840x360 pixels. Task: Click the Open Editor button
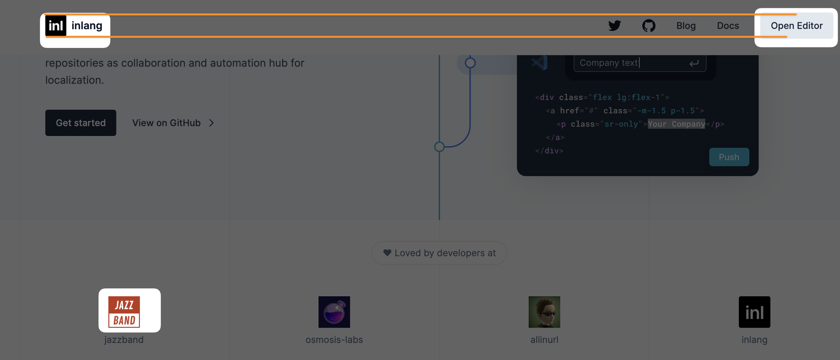pyautogui.click(x=796, y=26)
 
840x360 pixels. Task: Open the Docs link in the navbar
pyautogui.click(x=728, y=26)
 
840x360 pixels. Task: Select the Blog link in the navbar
pyautogui.click(x=686, y=26)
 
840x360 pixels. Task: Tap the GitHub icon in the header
pyautogui.click(x=649, y=26)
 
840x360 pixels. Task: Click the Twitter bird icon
pyautogui.click(x=614, y=26)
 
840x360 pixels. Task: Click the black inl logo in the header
pyautogui.click(x=56, y=26)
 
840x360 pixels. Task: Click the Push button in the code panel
pyautogui.click(x=729, y=157)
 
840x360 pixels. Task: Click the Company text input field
pyautogui.click(x=630, y=63)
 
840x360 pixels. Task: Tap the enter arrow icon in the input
pyautogui.click(x=694, y=63)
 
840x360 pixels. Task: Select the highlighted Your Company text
pyautogui.click(x=676, y=124)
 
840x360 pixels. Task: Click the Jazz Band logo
pyautogui.click(x=124, y=312)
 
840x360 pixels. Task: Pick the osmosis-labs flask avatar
pyautogui.click(x=334, y=312)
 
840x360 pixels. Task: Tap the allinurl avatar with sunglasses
pyautogui.click(x=544, y=312)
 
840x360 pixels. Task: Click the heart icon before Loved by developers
pyautogui.click(x=387, y=253)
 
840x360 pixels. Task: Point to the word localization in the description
pyautogui.click(x=74, y=80)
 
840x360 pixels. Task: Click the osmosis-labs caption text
pyautogui.click(x=334, y=340)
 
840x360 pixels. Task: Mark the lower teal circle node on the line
pyautogui.click(x=439, y=146)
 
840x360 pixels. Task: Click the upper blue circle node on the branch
pyautogui.click(x=470, y=63)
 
